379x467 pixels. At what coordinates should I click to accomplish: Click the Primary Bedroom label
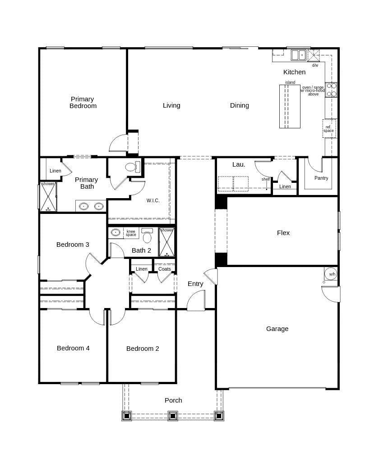(x=83, y=102)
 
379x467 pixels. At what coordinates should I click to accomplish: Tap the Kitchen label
(x=294, y=72)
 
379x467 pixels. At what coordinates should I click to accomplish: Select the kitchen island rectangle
(x=290, y=107)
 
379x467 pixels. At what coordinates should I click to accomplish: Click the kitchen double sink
(x=298, y=55)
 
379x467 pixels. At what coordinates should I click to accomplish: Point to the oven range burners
(x=331, y=90)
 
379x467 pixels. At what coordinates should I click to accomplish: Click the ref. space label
(x=328, y=129)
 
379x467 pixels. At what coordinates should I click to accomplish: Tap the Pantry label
(x=321, y=178)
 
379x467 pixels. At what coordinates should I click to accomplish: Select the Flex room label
(x=283, y=233)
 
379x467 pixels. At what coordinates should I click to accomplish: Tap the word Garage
(x=277, y=329)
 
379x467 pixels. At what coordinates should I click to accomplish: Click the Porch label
(x=173, y=400)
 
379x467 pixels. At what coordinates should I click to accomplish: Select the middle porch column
(x=173, y=416)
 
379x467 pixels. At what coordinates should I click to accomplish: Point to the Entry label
(x=195, y=284)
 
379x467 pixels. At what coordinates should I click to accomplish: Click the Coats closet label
(x=165, y=269)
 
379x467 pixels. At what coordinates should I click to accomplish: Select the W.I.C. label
(x=153, y=200)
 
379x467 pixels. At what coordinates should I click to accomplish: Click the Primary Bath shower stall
(x=48, y=197)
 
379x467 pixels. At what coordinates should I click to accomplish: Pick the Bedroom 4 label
(x=73, y=348)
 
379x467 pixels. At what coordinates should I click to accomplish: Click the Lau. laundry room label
(x=239, y=164)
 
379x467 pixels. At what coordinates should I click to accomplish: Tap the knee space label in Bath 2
(x=131, y=233)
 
